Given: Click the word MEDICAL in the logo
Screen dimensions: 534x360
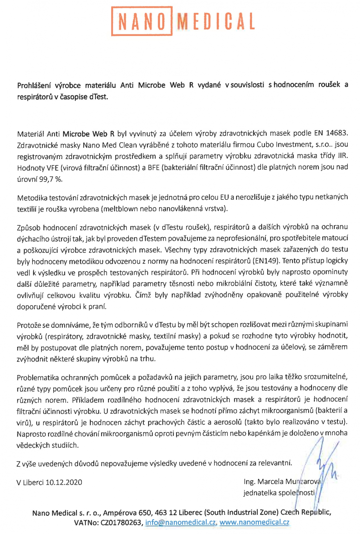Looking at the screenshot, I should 216,21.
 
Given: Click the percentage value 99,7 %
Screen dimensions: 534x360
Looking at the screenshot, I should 51,179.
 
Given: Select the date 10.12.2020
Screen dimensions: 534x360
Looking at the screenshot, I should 64,482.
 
